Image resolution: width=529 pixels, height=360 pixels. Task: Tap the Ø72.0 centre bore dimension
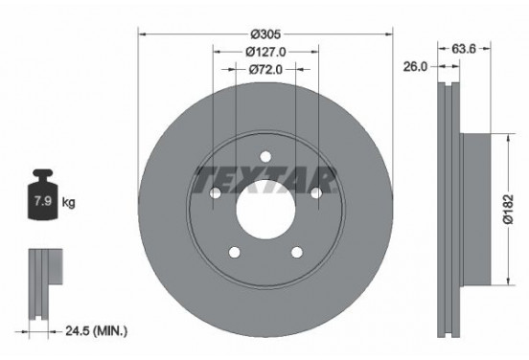pos(264,69)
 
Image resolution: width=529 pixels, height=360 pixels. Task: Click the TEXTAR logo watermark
pos(264,179)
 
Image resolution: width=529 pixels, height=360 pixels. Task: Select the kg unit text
pos(69,203)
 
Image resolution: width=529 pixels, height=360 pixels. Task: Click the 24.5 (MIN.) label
pos(97,331)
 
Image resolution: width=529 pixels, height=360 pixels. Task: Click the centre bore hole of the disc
pos(264,204)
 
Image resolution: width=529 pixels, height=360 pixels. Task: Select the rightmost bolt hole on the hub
pos(315,192)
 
